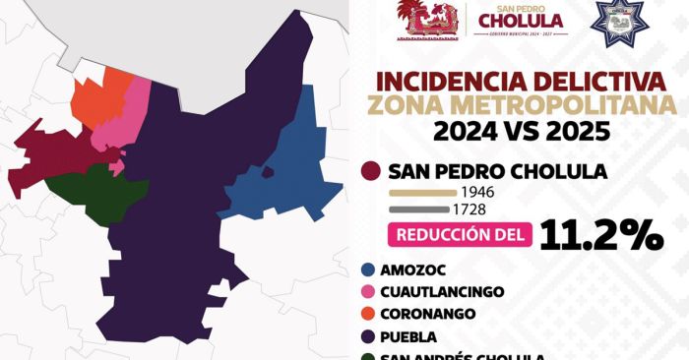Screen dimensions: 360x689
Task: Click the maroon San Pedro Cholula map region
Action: click(x=49, y=157)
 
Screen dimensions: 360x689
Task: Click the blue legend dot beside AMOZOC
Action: click(x=369, y=270)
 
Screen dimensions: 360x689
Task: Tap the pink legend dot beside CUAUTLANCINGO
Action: click(x=369, y=292)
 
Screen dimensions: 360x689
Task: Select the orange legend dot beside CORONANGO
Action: click(x=369, y=315)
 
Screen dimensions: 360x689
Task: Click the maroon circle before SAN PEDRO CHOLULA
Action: click(x=371, y=172)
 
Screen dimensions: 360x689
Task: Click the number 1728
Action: click(x=473, y=210)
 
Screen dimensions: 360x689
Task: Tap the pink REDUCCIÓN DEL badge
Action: click(x=461, y=235)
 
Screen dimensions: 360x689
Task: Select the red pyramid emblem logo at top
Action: click(x=427, y=20)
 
